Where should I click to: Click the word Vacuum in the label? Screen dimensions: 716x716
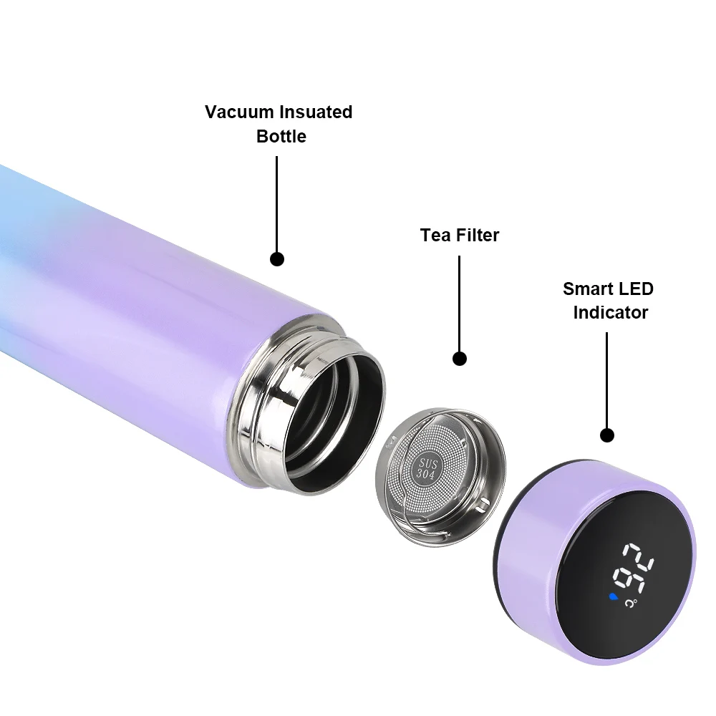(x=239, y=112)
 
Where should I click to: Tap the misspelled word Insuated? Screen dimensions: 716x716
(x=316, y=112)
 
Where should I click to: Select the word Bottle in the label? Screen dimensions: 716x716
(x=281, y=136)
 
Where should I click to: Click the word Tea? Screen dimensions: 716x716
(x=435, y=235)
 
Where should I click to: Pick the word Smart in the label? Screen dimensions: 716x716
(x=586, y=289)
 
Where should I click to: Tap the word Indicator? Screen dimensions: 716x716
(x=611, y=313)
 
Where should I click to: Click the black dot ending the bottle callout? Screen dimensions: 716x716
(x=277, y=258)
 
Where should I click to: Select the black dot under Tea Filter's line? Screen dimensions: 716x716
(x=460, y=358)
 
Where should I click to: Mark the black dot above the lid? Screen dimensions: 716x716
(x=607, y=435)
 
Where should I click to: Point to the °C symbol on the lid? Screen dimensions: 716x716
(x=630, y=604)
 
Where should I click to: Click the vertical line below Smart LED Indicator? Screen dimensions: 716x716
(x=607, y=379)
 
